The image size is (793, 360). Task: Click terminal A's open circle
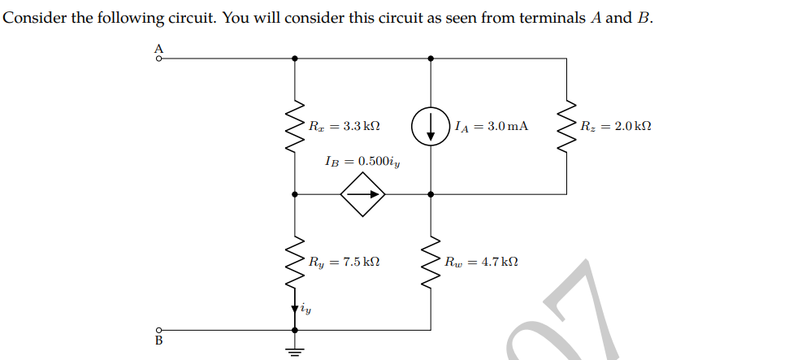click(159, 59)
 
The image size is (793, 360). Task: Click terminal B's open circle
click(159, 331)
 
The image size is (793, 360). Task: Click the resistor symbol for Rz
click(565, 126)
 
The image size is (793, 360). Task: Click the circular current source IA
click(430, 126)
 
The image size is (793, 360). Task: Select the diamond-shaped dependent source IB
click(362, 194)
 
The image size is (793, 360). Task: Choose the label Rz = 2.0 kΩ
click(616, 127)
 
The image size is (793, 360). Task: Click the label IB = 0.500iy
click(362, 161)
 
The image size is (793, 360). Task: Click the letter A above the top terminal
click(159, 47)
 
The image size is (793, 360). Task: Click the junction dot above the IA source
click(430, 59)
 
